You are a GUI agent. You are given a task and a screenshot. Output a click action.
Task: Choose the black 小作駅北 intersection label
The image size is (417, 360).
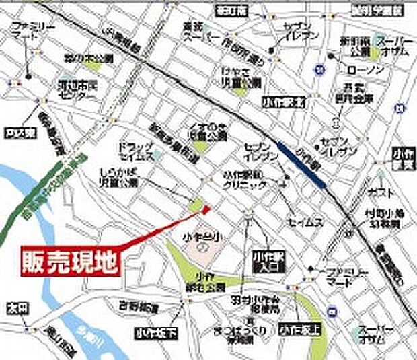(x=279, y=102)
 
